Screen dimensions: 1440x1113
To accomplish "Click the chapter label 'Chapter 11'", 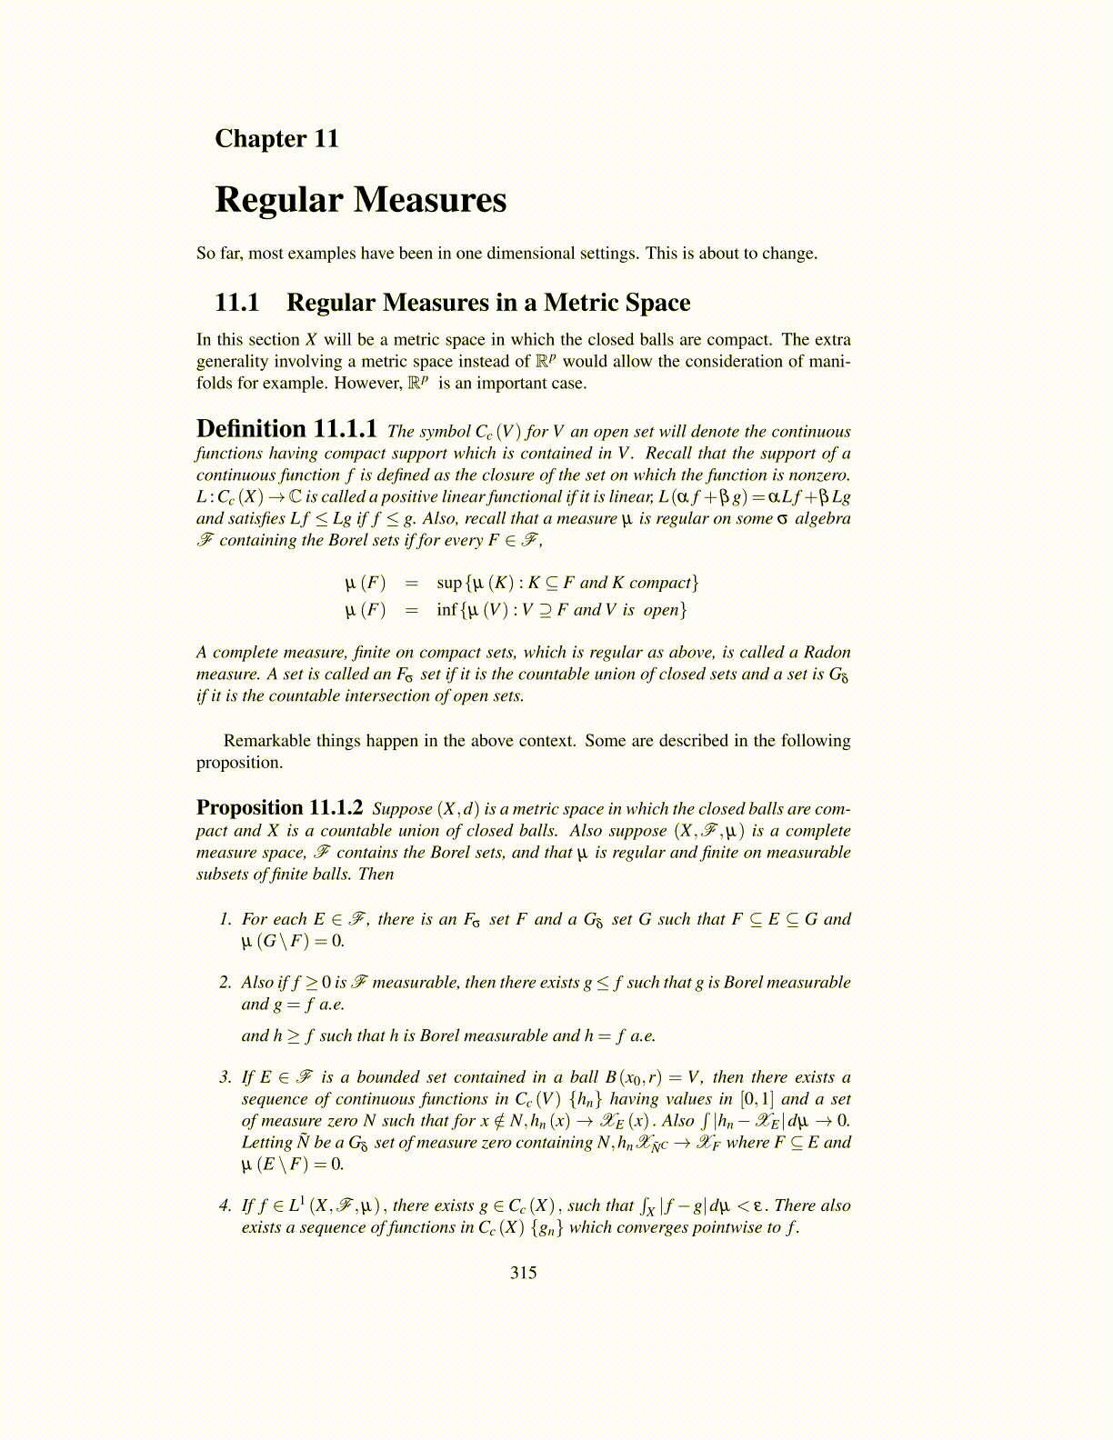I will coord(276,139).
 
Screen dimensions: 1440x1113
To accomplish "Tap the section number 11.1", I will coord(236,303).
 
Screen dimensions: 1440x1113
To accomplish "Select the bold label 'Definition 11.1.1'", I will coord(286,429).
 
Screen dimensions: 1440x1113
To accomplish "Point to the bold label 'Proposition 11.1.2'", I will coord(279,807).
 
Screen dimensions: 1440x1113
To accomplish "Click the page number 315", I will coord(524,1273).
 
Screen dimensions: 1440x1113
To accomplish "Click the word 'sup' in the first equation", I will coord(448,583).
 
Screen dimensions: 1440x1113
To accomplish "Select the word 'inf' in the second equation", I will coord(446,610).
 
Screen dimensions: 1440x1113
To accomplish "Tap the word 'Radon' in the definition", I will coord(828,652).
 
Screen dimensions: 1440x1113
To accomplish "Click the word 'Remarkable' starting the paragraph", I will coord(265,741).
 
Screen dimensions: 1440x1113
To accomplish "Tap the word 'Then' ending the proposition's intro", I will coord(376,875).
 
